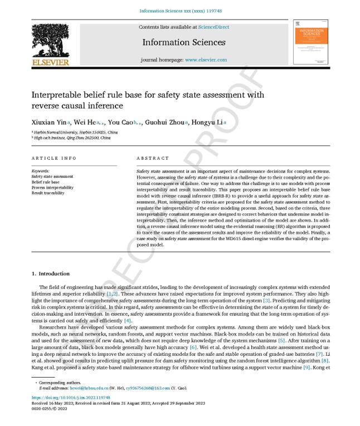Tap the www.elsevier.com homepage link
(206, 60)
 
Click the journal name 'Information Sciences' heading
(184, 42)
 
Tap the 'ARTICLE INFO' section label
(54, 158)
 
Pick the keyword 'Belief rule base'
(45, 182)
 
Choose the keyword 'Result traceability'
(48, 193)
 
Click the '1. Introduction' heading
(51, 273)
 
